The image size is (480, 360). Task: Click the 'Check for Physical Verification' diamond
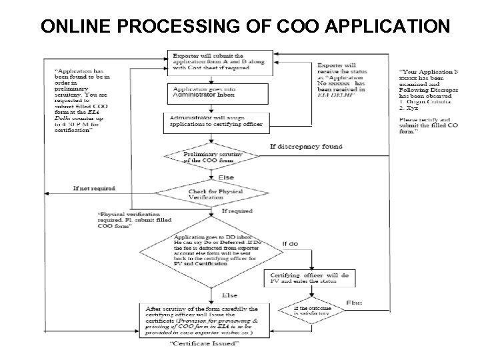pos(212,195)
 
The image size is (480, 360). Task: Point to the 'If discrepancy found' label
pos(306,147)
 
